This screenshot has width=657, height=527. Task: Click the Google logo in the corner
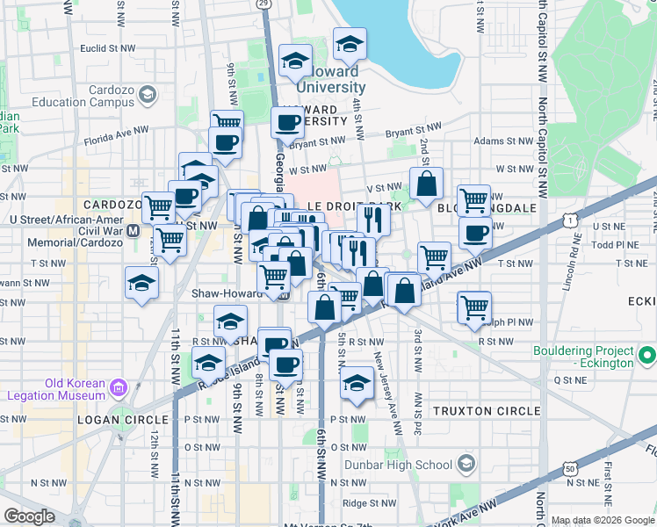click(30, 516)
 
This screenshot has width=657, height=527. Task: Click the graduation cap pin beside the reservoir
click(350, 43)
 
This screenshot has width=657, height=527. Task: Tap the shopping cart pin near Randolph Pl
click(474, 307)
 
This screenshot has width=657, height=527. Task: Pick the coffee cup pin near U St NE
click(475, 234)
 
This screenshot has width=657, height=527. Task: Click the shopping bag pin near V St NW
click(426, 184)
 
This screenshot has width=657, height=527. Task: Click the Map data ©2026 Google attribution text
click(602, 520)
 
